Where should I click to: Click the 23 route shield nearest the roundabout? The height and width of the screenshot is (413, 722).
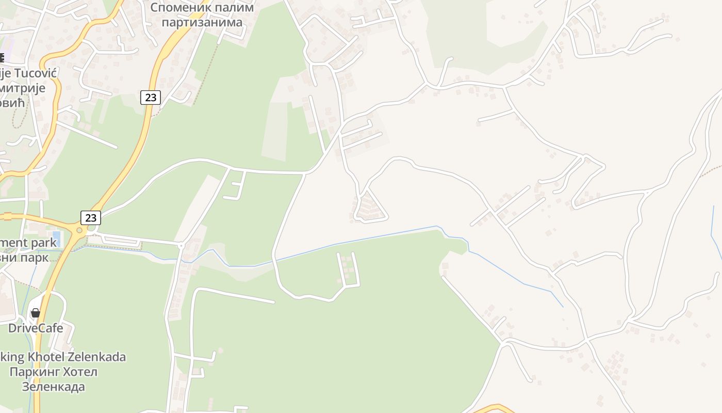(90, 218)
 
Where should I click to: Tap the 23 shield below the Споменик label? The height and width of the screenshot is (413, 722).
(151, 97)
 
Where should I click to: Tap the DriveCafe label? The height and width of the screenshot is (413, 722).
(36, 328)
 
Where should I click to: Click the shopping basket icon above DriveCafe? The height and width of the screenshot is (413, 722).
(35, 313)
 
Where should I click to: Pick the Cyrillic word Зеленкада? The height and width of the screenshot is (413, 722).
(53, 387)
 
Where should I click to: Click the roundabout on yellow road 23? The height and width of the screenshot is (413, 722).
(79, 230)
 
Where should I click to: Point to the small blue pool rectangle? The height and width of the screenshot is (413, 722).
(56, 239)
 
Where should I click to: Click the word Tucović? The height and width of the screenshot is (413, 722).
(35, 73)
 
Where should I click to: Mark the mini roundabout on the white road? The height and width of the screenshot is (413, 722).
(181, 246)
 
